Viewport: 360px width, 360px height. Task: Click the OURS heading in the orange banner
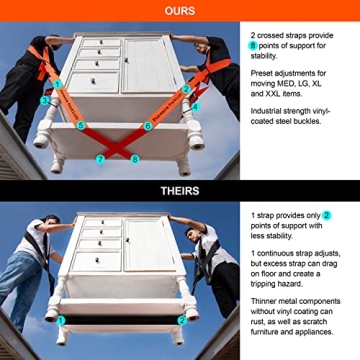click(x=180, y=10)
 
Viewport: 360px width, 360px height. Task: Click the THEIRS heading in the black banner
click(x=180, y=188)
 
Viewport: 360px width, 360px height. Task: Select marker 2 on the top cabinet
click(x=187, y=89)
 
